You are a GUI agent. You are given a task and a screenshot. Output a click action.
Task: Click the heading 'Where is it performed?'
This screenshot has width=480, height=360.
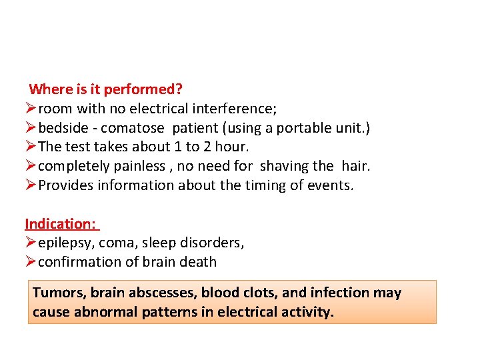106,89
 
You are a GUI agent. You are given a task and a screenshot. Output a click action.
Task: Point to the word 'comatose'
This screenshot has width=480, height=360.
132,127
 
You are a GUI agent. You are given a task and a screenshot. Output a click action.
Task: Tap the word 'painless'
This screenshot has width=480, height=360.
131,166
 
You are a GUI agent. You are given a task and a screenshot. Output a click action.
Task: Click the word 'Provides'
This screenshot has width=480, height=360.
66,185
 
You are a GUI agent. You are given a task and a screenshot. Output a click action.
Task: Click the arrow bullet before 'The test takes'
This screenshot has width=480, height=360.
31,147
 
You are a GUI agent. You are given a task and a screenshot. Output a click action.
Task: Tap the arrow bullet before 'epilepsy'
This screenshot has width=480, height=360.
31,243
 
